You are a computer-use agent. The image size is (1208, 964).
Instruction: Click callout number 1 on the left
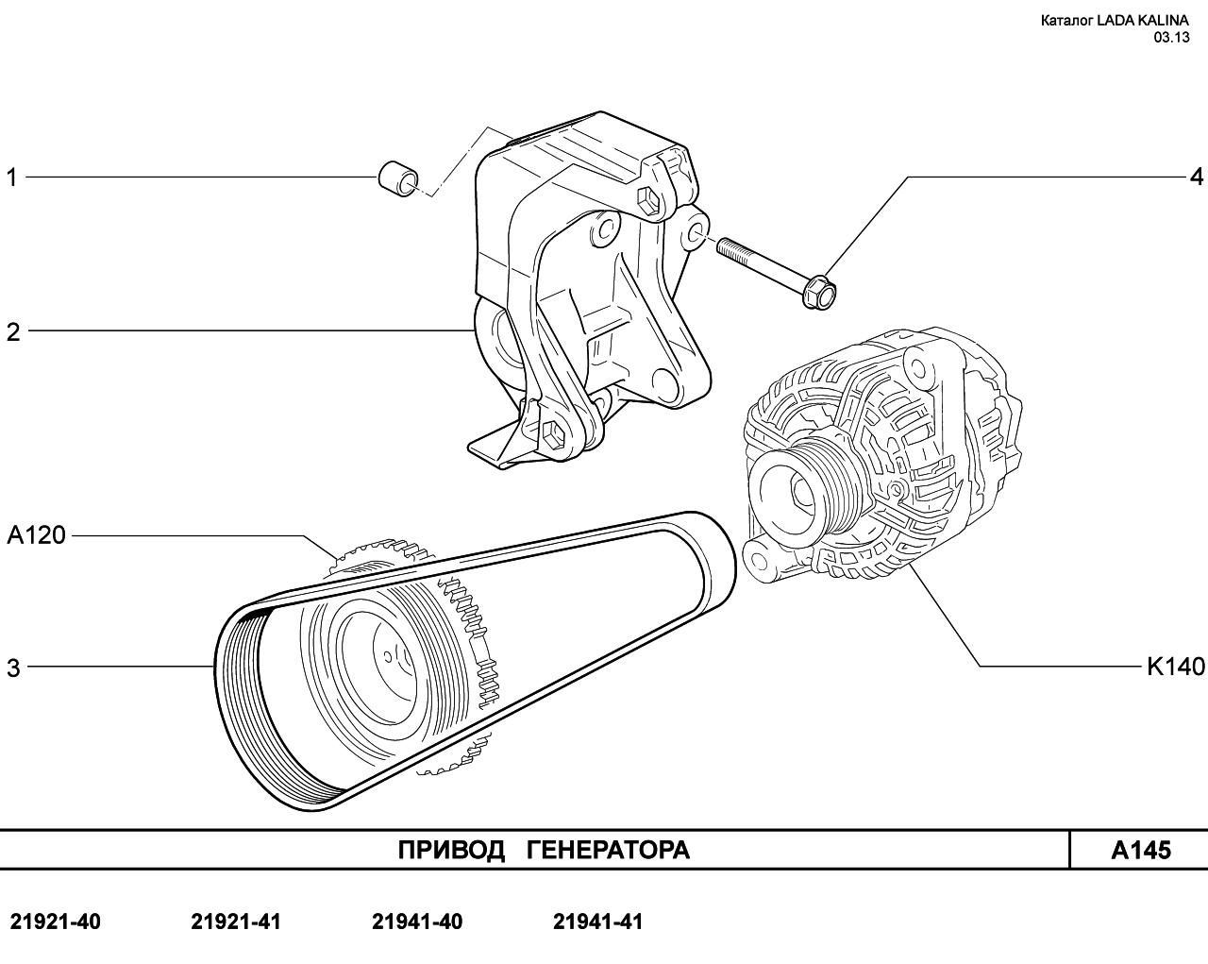click(x=11, y=178)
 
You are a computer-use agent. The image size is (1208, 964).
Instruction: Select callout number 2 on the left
click(x=13, y=332)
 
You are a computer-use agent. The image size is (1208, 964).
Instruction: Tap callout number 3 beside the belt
click(x=13, y=668)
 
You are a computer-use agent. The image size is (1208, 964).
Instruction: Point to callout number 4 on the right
click(x=1197, y=178)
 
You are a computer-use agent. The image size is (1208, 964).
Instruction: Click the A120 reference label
click(x=37, y=535)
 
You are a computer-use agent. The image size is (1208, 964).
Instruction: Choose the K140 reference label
click(x=1176, y=667)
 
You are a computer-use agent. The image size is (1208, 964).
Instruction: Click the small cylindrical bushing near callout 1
click(x=397, y=180)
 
